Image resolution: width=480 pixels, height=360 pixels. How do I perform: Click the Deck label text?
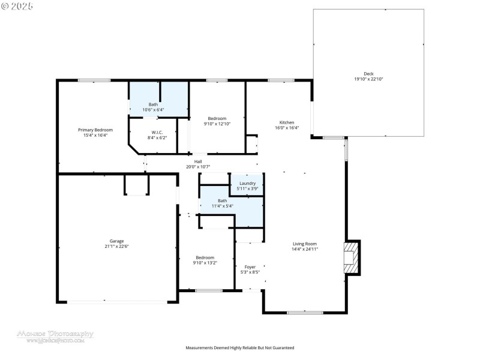tap(368, 73)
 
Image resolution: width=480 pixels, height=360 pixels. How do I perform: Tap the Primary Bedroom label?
tap(95, 130)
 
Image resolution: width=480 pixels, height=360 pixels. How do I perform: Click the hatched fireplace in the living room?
tap(350, 257)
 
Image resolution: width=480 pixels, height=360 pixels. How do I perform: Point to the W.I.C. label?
tap(158, 132)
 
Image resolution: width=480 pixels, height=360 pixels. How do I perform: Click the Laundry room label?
tap(247, 183)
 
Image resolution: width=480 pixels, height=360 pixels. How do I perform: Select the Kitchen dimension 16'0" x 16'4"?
tap(287, 127)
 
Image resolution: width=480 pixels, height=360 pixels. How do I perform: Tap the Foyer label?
tap(250, 266)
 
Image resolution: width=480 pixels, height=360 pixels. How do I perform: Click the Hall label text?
tap(198, 161)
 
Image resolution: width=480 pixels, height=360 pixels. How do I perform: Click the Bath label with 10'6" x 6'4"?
tap(154, 104)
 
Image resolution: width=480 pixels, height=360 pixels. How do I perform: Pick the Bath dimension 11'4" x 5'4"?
tap(222, 206)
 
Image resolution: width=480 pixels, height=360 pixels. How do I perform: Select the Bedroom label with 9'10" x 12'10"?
tap(217, 118)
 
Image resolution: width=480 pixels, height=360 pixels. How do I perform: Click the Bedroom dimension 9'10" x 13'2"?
tap(205, 262)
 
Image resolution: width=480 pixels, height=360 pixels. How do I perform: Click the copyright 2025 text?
tap(17, 5)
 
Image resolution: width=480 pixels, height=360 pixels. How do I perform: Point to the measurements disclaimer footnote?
tap(239, 347)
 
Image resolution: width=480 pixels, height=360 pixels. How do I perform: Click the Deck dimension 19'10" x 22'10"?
tap(368, 79)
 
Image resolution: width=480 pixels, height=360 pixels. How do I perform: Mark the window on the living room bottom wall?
tap(305, 312)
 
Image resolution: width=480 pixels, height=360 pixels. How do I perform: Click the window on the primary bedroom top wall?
tap(94, 80)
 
